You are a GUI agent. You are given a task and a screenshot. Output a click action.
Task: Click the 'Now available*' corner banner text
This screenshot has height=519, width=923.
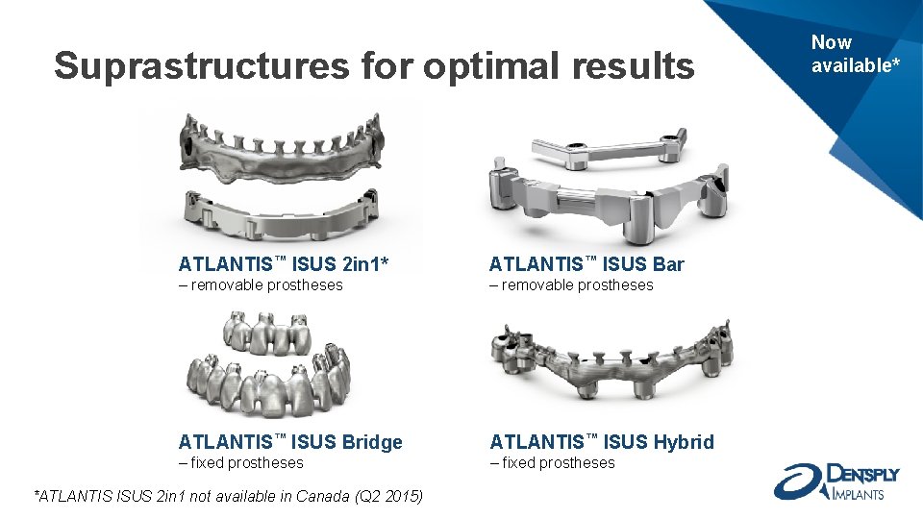855,54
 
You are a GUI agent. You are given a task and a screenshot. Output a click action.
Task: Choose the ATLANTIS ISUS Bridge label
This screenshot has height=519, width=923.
290,442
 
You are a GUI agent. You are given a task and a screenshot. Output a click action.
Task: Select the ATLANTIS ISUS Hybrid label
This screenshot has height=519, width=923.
602,442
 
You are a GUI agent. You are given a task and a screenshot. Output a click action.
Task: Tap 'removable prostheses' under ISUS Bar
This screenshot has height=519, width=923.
571,285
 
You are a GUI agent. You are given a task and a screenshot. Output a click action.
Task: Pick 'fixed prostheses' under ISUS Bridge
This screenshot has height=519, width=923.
240,462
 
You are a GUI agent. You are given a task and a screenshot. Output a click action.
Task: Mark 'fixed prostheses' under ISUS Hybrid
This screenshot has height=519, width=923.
552,462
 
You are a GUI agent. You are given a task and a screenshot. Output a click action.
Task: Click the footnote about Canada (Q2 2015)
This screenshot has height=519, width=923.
228,496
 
